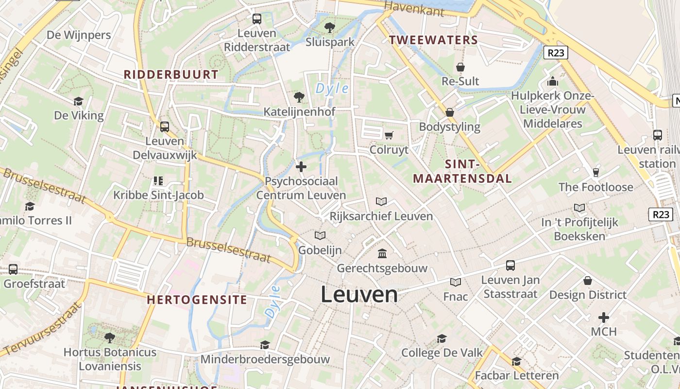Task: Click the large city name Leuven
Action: [359, 295]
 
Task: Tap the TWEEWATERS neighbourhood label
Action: [434, 40]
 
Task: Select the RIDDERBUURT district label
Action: [171, 74]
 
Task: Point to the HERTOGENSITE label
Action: [197, 300]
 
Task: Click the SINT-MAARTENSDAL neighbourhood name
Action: [462, 171]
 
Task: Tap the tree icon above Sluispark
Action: [330, 27]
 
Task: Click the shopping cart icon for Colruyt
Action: [389, 135]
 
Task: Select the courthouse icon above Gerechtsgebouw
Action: [382, 253]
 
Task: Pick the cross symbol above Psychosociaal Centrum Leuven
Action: [301, 167]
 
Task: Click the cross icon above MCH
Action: [603, 318]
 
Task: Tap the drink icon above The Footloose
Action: [596, 172]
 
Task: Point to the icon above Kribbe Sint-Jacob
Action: [158, 181]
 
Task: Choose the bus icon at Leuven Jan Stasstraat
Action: [510, 265]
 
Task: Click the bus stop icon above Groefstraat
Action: [13, 269]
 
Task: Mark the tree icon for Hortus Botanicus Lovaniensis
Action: [110, 337]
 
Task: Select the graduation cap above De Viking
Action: [78, 101]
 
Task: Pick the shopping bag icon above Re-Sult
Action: [460, 67]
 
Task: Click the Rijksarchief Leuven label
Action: [381, 216]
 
